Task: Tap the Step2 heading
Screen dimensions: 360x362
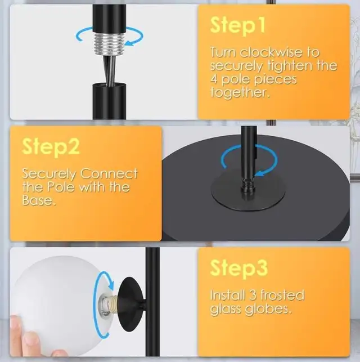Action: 51,147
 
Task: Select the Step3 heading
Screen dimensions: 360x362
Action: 239,267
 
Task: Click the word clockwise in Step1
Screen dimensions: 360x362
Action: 271,52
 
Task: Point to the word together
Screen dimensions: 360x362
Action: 240,92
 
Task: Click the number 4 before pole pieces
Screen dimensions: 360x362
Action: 214,79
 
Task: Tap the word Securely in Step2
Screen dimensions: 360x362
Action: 49,173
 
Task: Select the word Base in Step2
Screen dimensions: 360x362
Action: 39,200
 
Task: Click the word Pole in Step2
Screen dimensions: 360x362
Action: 61,187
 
